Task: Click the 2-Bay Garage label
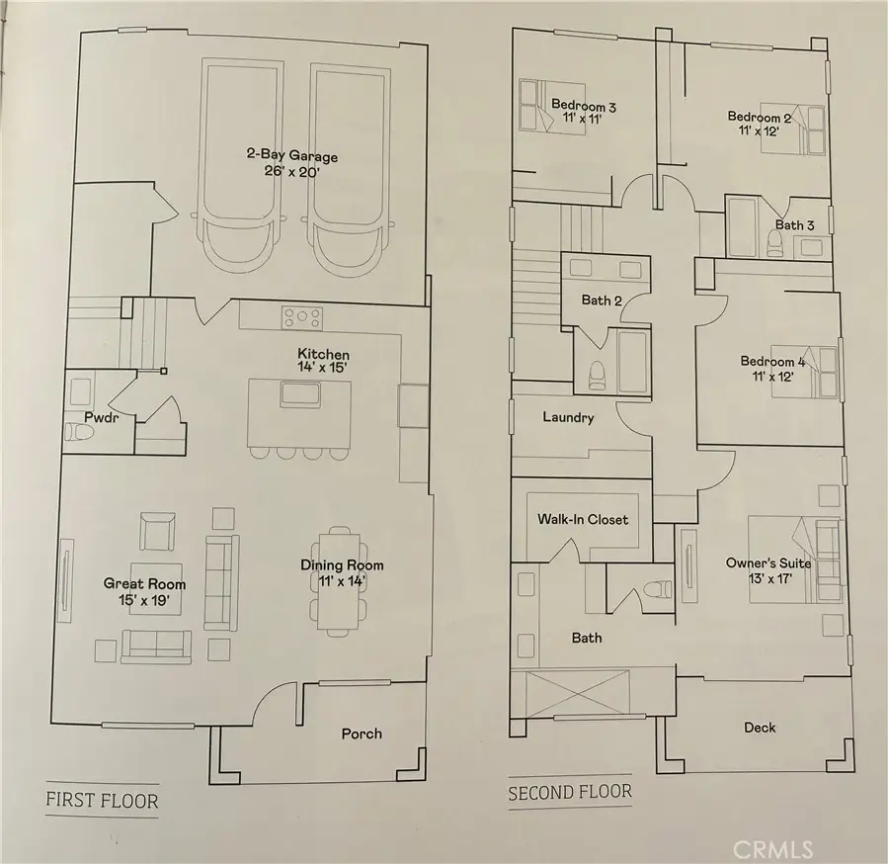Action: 292,155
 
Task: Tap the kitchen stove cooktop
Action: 302,318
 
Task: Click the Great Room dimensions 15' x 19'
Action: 144,600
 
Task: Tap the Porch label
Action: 362,734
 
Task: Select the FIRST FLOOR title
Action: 102,800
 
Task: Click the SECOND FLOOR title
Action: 570,792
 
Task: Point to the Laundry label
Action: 568,417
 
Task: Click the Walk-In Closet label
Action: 583,519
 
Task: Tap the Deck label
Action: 760,728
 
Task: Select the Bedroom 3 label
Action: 584,106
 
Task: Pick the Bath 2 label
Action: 602,300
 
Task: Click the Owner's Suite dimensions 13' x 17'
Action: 769,578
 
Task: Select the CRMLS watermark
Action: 773,849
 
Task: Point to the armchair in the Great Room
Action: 157,531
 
